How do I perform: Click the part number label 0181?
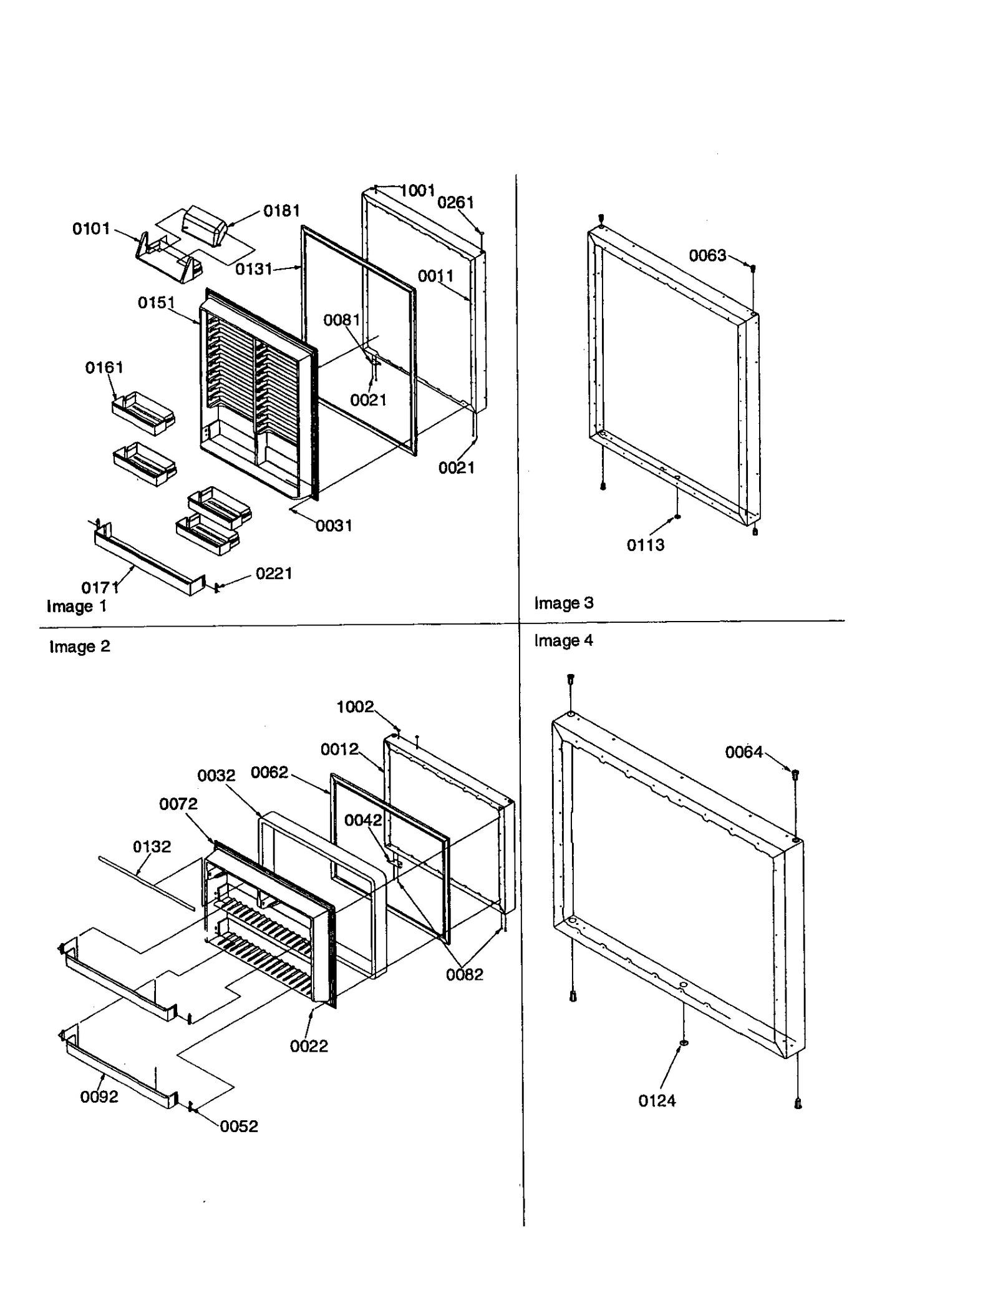point(281,211)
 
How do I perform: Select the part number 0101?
point(91,229)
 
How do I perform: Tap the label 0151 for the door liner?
point(156,303)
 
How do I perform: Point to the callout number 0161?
point(104,368)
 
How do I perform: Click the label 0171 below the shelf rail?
point(100,587)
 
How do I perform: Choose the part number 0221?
point(274,574)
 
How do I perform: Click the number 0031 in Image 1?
point(334,526)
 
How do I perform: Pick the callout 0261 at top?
point(455,202)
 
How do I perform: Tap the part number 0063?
point(707,255)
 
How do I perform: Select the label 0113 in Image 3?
point(646,545)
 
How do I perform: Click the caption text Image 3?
point(563,604)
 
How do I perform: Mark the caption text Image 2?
point(79,647)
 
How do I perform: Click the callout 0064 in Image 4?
point(744,753)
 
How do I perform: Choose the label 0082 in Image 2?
point(464,975)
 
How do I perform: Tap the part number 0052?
point(239,1126)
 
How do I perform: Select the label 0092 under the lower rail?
point(99,1097)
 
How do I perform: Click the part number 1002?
point(355,706)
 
